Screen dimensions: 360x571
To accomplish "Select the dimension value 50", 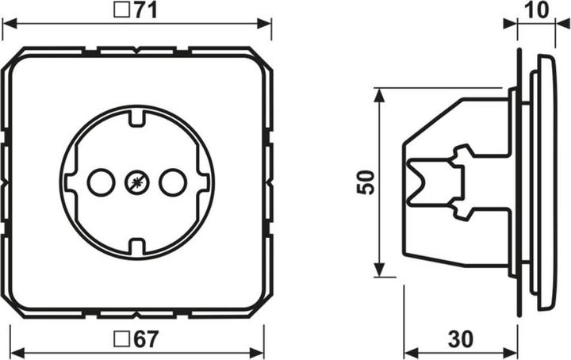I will click(364, 182).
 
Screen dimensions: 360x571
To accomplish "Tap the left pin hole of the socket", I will click(101, 183).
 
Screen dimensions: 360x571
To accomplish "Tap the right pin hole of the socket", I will click(172, 183).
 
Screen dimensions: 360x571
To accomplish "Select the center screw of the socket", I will click(136, 183).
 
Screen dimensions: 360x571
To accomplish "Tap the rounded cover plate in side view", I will click(546, 182).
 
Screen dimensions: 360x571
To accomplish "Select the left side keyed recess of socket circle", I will click(71, 183).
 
